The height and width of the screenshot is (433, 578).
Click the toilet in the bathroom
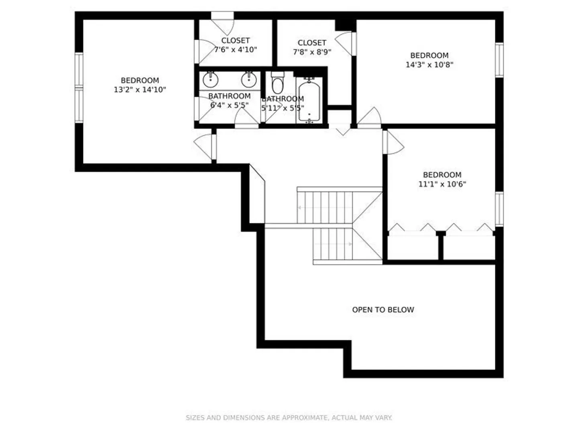point(277,82)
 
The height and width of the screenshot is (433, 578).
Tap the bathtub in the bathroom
point(309,100)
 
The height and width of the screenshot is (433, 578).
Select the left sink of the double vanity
point(210,79)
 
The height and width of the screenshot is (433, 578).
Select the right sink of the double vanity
point(249,79)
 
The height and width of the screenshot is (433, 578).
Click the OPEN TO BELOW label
point(383,310)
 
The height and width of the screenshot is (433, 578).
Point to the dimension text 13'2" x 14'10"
point(140,90)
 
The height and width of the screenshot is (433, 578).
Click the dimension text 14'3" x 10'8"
point(429,65)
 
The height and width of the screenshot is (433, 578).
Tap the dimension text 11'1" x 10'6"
point(442,184)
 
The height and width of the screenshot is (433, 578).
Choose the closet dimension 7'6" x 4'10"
point(235,50)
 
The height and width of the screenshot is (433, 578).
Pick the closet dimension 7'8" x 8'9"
point(312,52)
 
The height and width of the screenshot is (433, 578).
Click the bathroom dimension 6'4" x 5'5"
point(229,105)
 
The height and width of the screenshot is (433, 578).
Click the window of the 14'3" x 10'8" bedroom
point(499,60)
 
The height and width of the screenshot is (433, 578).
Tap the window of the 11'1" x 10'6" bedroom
point(499,209)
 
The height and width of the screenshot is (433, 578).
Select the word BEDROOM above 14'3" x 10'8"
point(429,55)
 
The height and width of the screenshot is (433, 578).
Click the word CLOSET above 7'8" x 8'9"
point(312,42)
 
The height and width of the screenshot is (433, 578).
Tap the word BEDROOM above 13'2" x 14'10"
point(140,80)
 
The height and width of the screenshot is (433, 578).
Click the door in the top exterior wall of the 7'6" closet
point(222,23)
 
